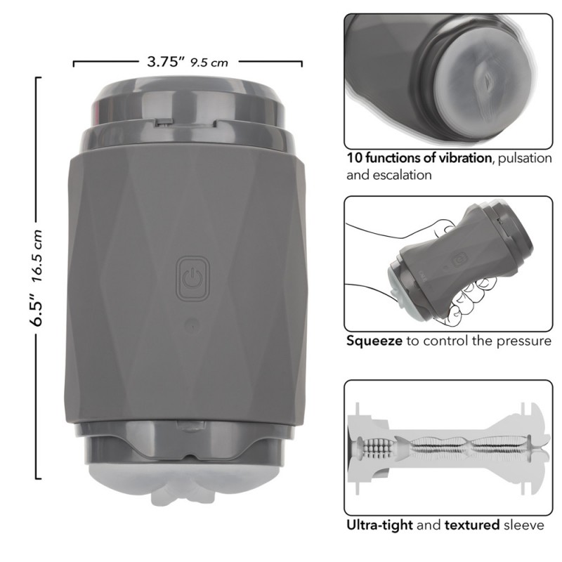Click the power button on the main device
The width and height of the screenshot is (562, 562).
click(192, 277)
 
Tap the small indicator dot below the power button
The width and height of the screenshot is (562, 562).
click(192, 326)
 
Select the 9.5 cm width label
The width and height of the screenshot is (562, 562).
click(209, 63)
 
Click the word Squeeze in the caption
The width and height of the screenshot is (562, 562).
click(374, 341)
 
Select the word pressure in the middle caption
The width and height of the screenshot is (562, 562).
click(523, 341)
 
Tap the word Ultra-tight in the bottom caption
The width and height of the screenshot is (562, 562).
click(379, 525)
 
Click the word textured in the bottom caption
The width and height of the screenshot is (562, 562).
click(472, 525)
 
